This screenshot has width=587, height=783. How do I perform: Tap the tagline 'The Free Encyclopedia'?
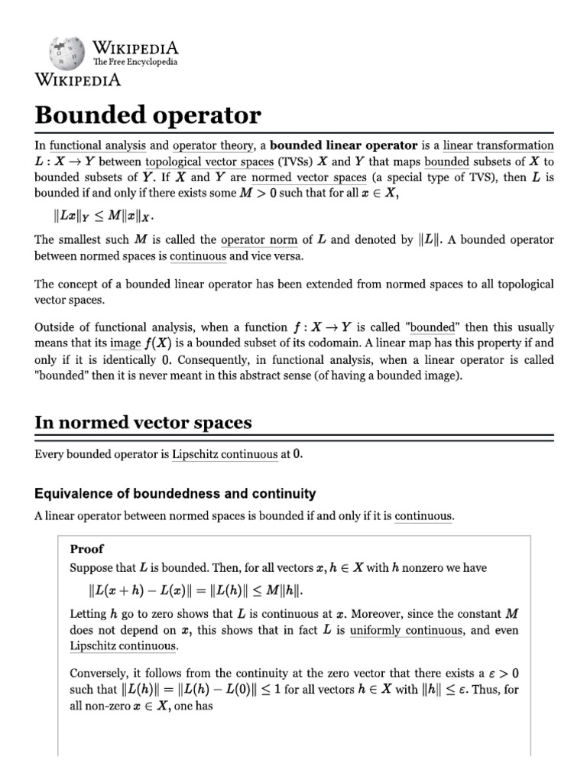(135, 62)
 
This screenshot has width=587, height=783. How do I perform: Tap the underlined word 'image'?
(125, 343)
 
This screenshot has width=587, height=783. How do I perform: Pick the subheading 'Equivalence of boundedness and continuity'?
(175, 493)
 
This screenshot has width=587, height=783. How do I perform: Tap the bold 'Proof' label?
(86, 549)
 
